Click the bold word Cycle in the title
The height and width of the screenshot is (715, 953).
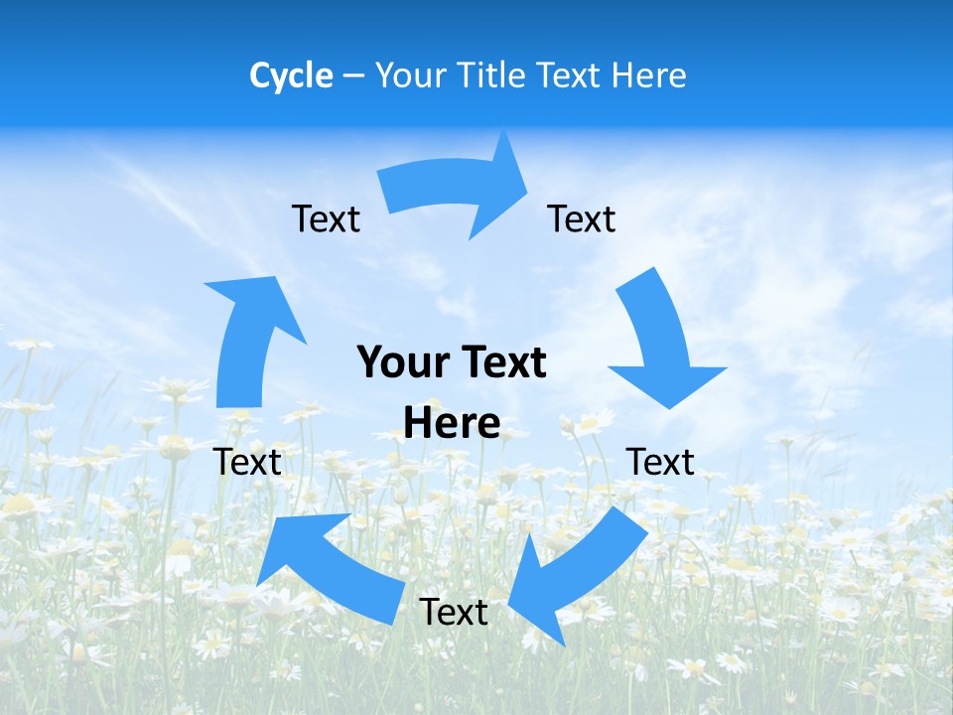(x=291, y=75)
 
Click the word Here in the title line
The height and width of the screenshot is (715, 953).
(x=650, y=75)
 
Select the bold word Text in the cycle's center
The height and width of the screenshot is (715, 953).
(x=501, y=362)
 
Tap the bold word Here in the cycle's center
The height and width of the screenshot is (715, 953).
(x=452, y=423)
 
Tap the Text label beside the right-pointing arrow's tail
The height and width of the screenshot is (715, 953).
(x=326, y=218)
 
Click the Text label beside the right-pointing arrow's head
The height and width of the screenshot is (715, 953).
(x=582, y=218)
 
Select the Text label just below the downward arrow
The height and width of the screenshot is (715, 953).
(x=660, y=462)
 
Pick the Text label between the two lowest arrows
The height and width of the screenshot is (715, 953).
(x=454, y=612)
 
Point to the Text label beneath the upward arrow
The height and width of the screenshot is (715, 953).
(x=247, y=462)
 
